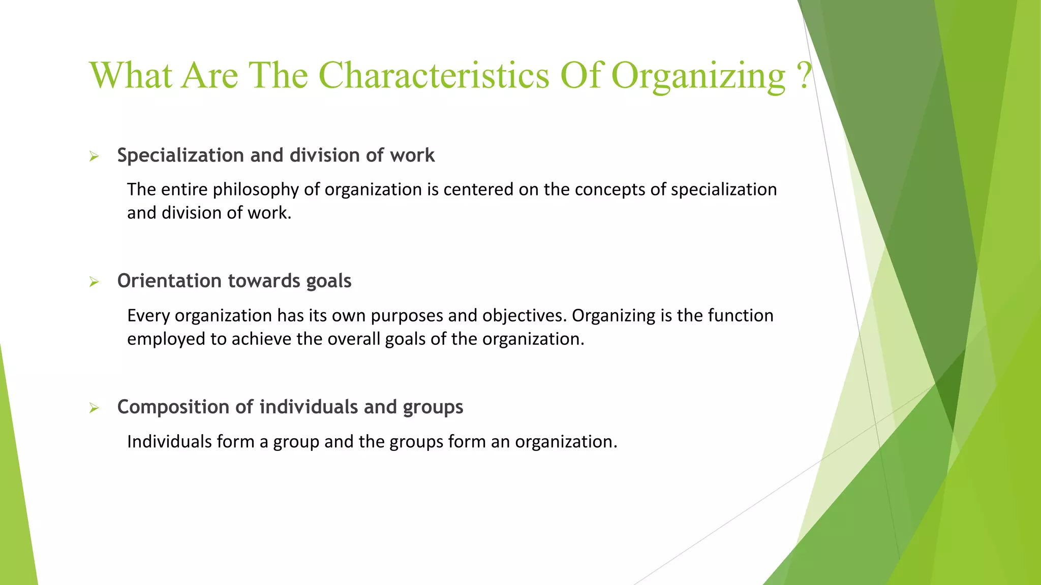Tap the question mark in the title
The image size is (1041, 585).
click(805, 75)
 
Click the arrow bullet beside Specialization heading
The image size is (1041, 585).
click(94, 156)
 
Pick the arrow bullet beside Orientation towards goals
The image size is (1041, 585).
click(94, 282)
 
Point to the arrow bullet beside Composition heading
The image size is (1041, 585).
click(94, 408)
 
